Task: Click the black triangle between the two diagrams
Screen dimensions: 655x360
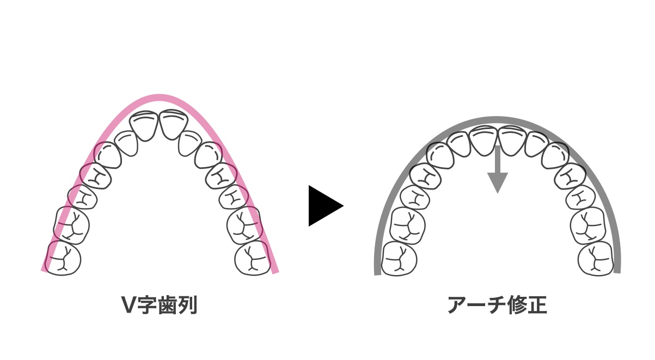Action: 323,206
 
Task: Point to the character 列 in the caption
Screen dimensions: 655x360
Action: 187,305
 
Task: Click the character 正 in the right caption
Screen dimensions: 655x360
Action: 537,305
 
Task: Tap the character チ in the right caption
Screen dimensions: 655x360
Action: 498,305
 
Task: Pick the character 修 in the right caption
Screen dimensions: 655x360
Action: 518,305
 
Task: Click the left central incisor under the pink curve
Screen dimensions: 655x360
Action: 144,126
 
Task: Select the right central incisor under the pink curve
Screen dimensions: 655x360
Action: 173,124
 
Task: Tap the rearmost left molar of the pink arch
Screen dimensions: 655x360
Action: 63,258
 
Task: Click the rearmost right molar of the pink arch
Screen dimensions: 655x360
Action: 253,258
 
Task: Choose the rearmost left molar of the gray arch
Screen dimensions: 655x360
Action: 400,259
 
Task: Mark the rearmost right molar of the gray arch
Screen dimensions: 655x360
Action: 596,259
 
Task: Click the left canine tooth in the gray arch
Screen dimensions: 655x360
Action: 440,155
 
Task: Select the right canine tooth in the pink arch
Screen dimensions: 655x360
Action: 208,155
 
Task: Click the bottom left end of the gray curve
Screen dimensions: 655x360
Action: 377,274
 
